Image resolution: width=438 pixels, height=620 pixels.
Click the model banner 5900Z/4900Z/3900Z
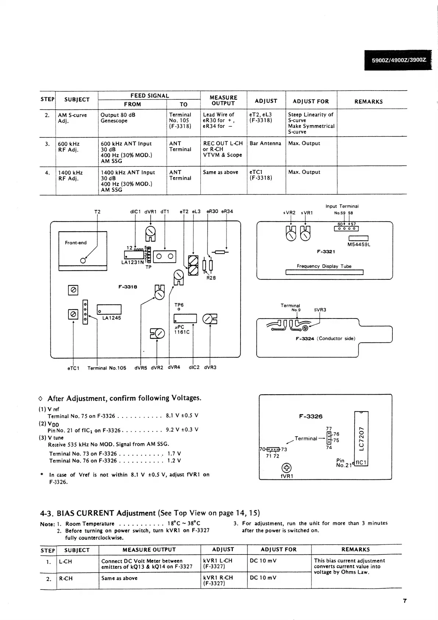398,60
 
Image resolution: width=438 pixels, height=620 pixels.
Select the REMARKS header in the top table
368,102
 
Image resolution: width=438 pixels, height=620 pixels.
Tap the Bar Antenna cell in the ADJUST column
265,143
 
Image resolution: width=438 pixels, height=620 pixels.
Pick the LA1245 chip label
111,318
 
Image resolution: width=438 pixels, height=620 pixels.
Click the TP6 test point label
179,305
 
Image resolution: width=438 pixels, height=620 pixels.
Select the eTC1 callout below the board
73,368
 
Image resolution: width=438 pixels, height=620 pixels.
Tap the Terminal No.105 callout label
107,368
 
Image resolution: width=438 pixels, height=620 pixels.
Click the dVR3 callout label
210,367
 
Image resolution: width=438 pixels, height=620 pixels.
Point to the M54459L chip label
359,244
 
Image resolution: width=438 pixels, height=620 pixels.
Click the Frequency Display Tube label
324,266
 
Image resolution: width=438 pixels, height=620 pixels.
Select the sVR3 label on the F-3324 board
320,310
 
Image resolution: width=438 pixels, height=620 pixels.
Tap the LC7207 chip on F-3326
361,438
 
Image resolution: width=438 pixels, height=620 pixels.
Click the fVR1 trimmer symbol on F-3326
286,468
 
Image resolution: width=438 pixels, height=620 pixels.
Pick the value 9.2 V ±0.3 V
182,429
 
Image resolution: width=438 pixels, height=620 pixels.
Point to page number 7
405,601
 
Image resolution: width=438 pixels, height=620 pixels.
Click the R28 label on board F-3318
211,278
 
